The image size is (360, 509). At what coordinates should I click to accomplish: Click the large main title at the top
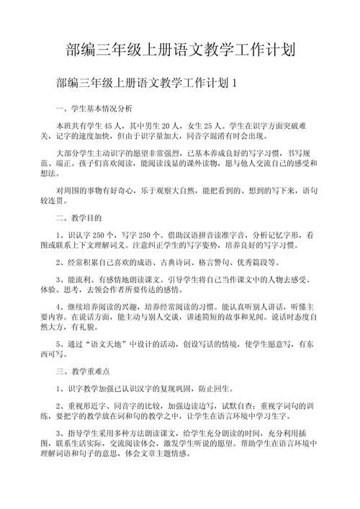[x=180, y=50]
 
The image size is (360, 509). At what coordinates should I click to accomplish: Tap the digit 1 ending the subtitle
[x=235, y=84]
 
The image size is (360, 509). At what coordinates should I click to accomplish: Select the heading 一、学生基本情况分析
[x=94, y=109]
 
